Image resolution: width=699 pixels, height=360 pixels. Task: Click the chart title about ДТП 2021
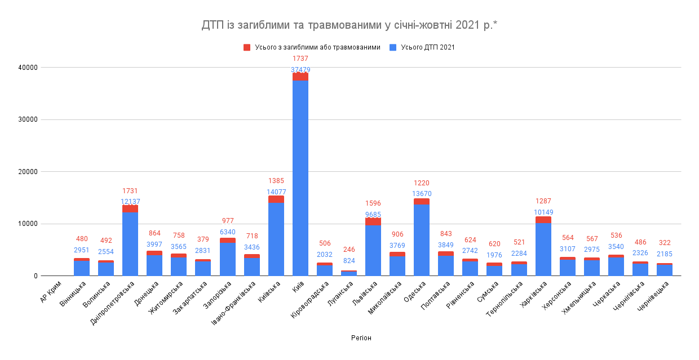[349, 25]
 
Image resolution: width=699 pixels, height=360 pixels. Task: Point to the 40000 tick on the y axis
[28, 68]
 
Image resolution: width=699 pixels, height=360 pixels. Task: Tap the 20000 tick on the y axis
[28, 172]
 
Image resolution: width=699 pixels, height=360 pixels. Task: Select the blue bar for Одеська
[422, 239]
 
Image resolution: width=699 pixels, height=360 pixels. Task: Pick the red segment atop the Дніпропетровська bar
[130, 208]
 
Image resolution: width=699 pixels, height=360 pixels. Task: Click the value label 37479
[300, 70]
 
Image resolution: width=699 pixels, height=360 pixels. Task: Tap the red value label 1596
[373, 203]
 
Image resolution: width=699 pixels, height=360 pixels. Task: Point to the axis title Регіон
[361, 338]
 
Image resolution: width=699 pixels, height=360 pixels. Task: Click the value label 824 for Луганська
[349, 261]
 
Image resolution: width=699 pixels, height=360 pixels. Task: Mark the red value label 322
[665, 242]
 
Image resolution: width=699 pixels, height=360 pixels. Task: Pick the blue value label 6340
[228, 232]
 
